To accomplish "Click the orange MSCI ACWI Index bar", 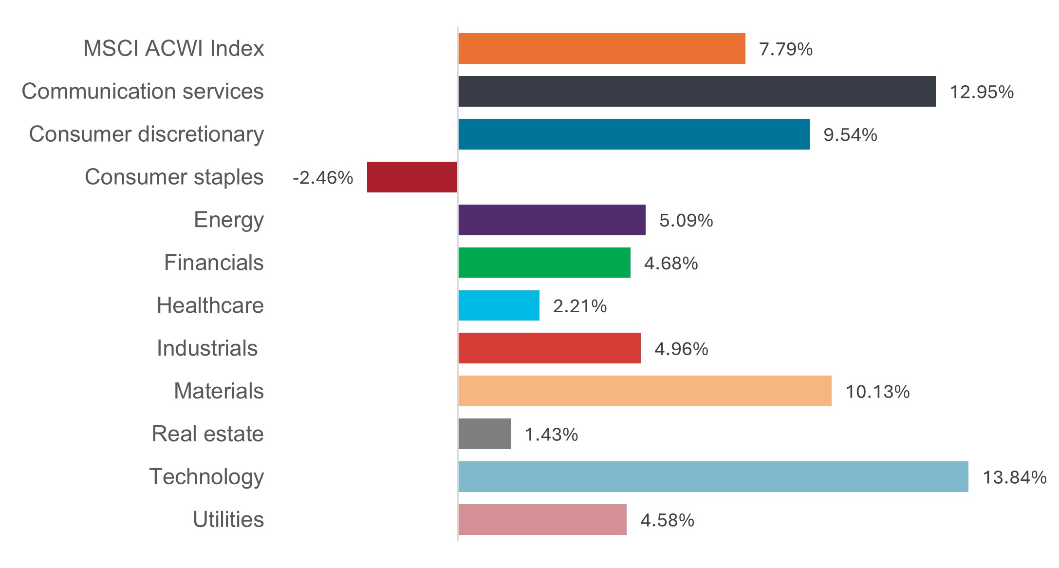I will [x=601, y=49].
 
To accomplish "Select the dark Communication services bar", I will [x=696, y=92].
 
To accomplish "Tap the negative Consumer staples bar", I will [x=412, y=177].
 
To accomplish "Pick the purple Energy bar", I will [x=552, y=220].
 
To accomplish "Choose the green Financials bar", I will [x=544, y=263].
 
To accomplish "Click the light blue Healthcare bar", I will [x=499, y=306].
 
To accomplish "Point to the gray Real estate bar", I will [x=484, y=434].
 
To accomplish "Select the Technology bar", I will [x=713, y=477].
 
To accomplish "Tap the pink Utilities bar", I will [x=542, y=520].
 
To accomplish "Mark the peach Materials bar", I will [x=645, y=391].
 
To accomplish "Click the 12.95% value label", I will [x=982, y=92].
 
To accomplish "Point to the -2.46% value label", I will [x=323, y=178].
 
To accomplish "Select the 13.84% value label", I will [x=1014, y=477].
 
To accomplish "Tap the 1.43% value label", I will [x=551, y=435].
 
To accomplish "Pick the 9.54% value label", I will [x=850, y=135].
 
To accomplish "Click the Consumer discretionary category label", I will [x=146, y=134].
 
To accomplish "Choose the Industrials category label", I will [x=207, y=348].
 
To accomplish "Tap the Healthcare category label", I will [x=210, y=305].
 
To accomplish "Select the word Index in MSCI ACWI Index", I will [x=237, y=49].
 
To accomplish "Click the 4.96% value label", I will [x=681, y=349].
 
